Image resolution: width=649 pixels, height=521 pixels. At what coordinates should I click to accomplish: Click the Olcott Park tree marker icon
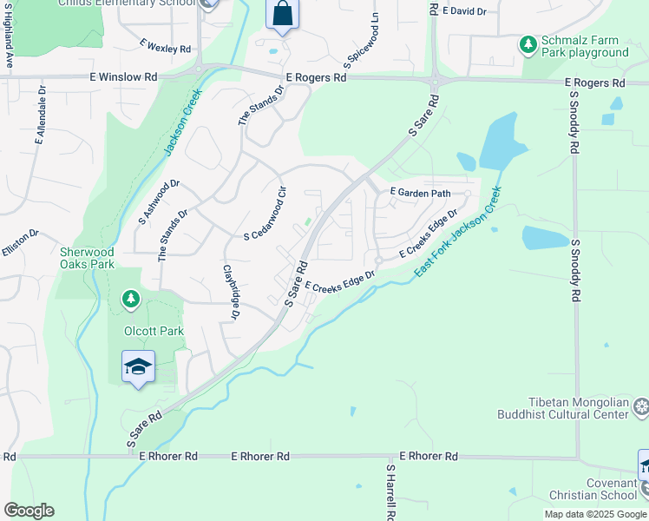(131, 300)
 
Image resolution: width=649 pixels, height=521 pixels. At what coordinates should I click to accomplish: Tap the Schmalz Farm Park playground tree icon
(528, 43)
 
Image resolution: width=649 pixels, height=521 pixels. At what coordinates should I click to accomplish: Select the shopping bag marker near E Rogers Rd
(282, 16)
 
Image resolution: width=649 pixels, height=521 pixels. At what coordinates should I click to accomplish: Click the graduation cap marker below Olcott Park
(138, 367)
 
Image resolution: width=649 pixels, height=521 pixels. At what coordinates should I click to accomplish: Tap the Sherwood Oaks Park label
(87, 258)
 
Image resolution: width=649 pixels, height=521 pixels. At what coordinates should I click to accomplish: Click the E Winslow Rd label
(123, 77)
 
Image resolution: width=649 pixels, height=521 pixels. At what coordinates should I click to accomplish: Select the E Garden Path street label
(422, 192)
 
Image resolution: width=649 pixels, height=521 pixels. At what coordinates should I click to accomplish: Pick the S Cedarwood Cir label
(265, 214)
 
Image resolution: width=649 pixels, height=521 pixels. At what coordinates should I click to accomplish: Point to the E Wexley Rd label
(164, 45)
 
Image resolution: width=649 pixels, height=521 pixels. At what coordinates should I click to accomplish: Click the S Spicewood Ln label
(362, 41)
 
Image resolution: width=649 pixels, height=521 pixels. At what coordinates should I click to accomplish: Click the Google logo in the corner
(29, 511)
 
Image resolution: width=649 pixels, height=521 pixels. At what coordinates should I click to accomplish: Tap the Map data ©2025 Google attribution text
(595, 514)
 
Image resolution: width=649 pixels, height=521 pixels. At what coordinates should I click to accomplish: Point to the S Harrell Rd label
(390, 492)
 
